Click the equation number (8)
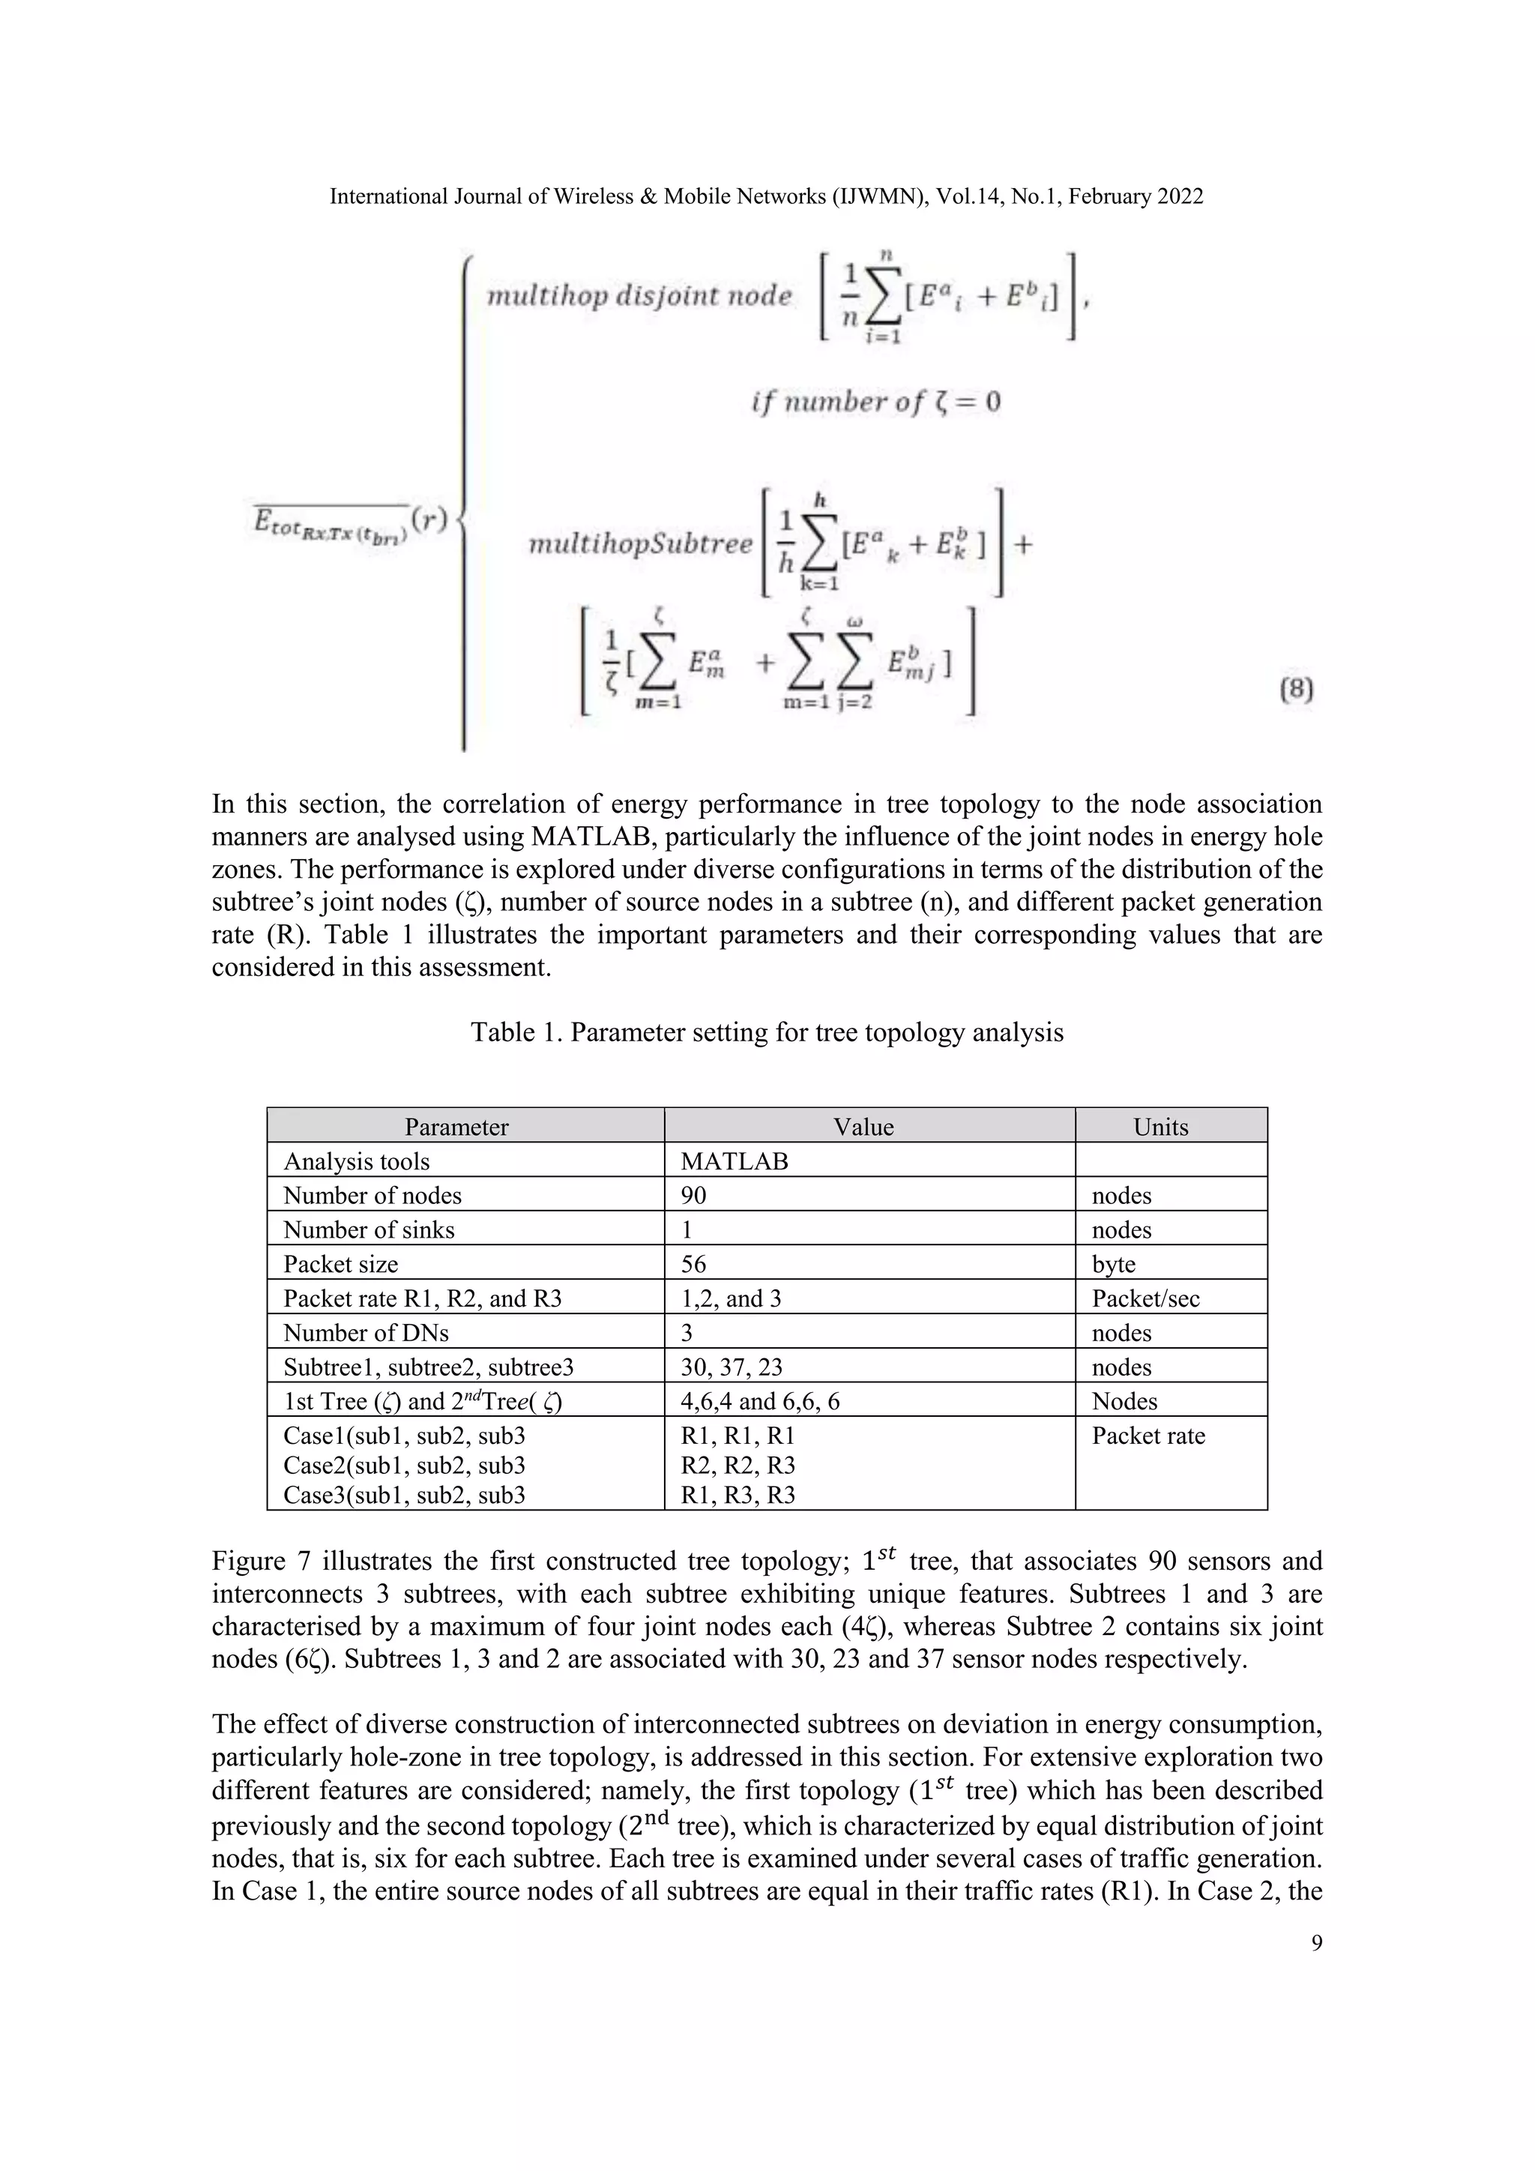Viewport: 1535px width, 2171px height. pos(1296,690)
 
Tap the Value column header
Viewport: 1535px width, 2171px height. pos(863,1126)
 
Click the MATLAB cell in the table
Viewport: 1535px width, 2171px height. pos(734,1161)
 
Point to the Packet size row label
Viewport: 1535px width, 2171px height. pos(340,1264)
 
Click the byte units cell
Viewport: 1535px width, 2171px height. pos(1114,1264)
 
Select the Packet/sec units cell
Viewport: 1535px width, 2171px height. pos(1145,1298)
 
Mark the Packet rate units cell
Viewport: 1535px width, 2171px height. pos(1148,1436)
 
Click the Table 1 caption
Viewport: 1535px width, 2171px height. pos(767,1032)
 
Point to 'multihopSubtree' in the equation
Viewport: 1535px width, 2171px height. pos(640,545)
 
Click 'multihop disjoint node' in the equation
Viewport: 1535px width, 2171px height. pos(639,296)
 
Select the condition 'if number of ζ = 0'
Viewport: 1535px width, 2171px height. pos(875,403)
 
